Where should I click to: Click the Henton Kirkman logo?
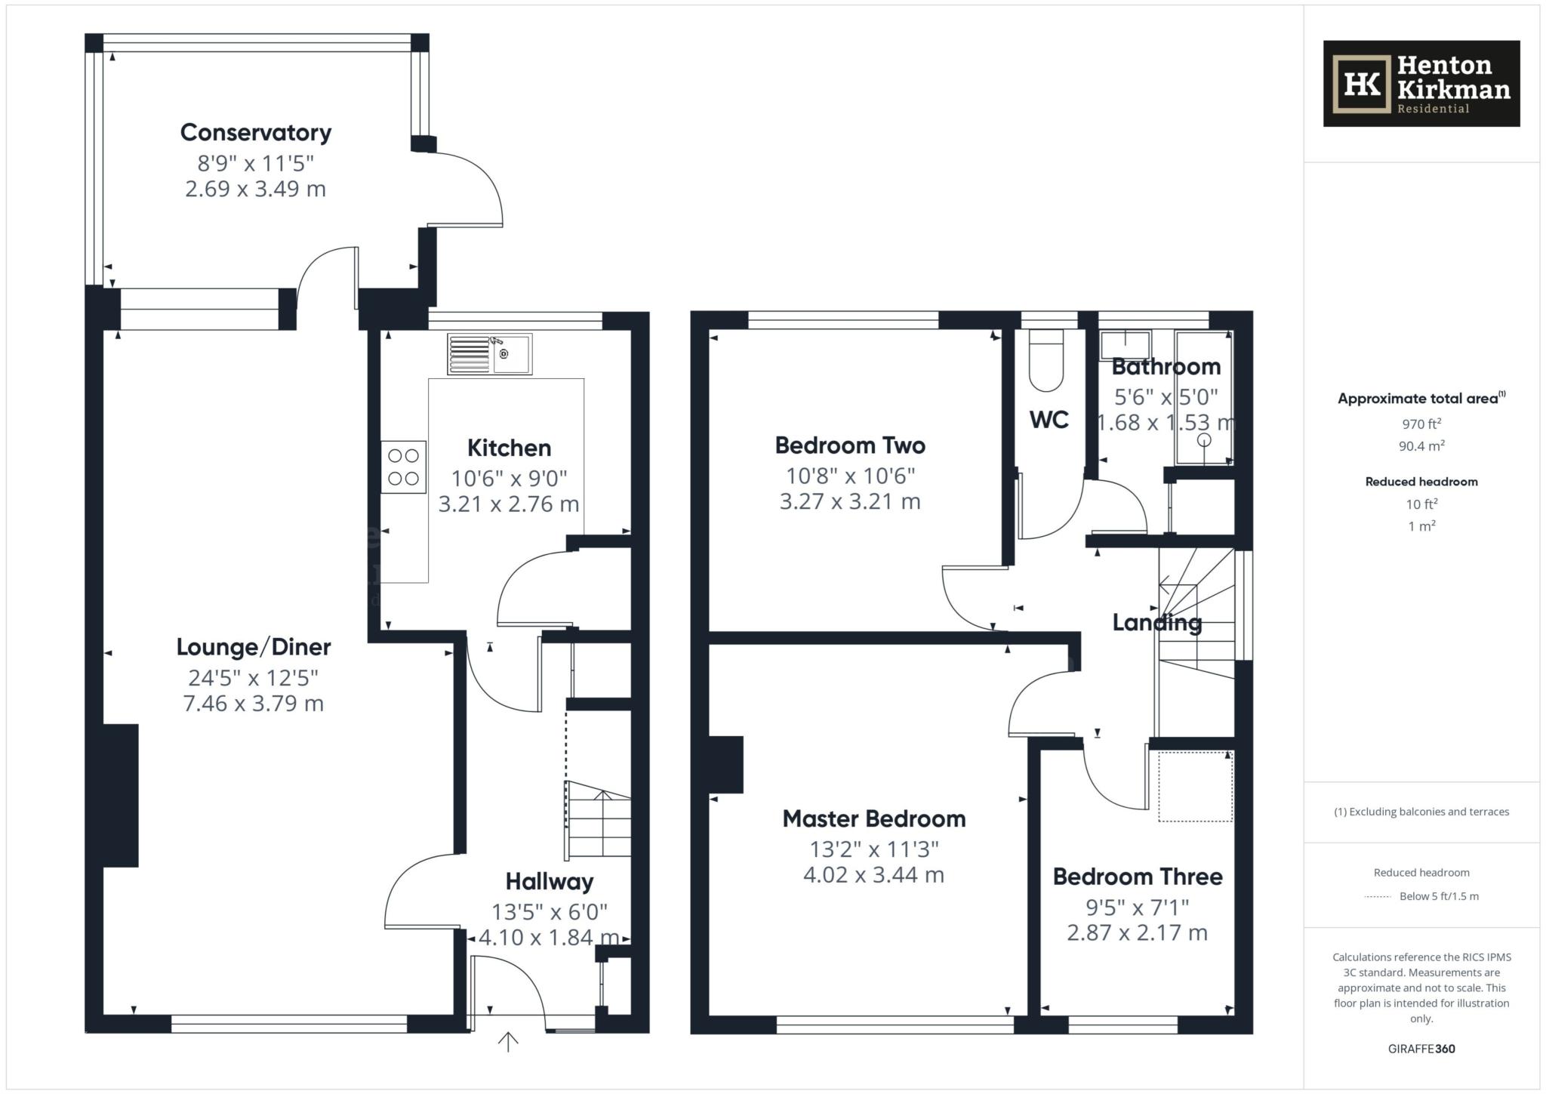[1421, 84]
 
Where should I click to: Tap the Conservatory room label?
[256, 133]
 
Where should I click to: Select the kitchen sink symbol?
[489, 354]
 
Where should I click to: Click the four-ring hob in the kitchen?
[403, 467]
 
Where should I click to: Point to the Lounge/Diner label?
[254, 647]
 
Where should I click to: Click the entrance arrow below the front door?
[508, 1042]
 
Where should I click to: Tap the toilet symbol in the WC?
[1046, 361]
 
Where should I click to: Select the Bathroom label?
[1166, 367]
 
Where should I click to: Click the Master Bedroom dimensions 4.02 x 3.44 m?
[873, 875]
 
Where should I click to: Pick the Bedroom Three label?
[1137, 877]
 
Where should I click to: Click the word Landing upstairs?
[1156, 623]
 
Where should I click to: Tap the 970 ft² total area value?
[1421, 424]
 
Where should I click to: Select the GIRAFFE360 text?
[1421, 1049]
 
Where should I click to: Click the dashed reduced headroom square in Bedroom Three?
[1196, 786]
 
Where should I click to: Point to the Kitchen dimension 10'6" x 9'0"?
[509, 478]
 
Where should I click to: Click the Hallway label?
[549, 882]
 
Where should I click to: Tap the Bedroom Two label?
[850, 445]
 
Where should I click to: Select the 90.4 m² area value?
[1421, 445]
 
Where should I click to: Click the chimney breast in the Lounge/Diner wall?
[121, 795]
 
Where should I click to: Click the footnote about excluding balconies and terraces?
[1421, 812]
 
